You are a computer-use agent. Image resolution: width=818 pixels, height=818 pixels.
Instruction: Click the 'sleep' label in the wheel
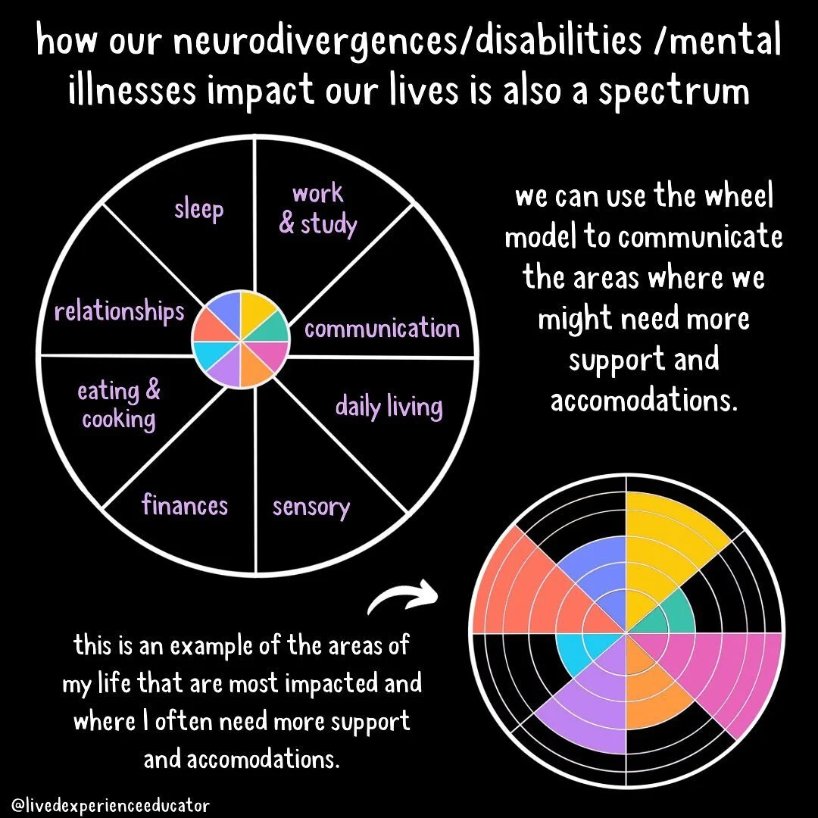coord(199,209)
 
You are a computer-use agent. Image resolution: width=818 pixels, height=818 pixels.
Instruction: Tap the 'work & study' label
coord(317,209)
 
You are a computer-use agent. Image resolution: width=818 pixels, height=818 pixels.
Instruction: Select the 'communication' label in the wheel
coord(382,329)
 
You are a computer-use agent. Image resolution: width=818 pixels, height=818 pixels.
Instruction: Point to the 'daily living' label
coord(389,407)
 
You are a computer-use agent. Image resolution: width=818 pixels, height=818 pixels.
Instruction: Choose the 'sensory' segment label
coord(311,506)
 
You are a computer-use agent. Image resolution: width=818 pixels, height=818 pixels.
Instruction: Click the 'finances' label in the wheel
coord(185,504)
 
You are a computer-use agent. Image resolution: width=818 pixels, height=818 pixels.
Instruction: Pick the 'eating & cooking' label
coord(119,405)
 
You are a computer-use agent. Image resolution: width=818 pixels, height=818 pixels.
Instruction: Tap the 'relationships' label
coord(119,311)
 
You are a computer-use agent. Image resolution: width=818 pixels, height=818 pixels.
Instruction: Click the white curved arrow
coord(402,599)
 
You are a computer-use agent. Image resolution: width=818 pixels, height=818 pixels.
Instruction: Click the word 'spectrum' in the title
coord(667,91)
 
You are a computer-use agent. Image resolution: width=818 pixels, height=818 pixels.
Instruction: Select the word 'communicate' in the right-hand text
coord(700,238)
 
